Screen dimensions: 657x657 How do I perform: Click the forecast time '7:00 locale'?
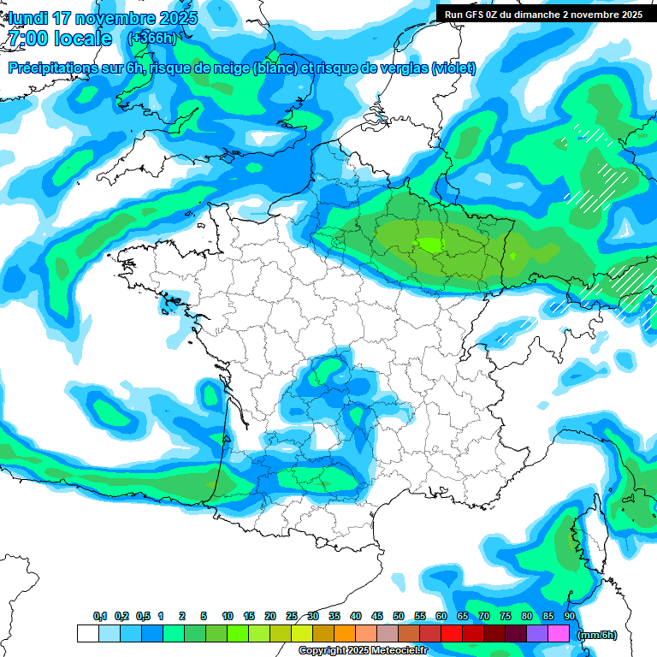(x=59, y=38)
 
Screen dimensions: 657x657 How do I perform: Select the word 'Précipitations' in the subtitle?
(x=52, y=68)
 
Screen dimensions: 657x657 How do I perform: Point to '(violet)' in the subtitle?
(x=454, y=68)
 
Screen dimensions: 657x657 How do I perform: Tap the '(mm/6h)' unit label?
(x=597, y=634)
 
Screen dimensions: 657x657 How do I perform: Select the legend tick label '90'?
(x=570, y=616)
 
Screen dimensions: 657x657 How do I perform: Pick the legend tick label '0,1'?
(x=100, y=616)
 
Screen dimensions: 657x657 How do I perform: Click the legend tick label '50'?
(x=399, y=616)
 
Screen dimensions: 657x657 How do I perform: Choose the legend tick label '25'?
(x=292, y=616)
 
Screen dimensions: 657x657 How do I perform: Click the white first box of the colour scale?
(x=87, y=633)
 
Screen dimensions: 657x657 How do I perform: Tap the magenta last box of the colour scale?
(x=559, y=633)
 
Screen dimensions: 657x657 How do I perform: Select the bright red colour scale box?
(x=452, y=633)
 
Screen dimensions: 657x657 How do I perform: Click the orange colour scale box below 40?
(x=345, y=633)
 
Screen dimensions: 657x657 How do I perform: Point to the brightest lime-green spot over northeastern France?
(x=429, y=246)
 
